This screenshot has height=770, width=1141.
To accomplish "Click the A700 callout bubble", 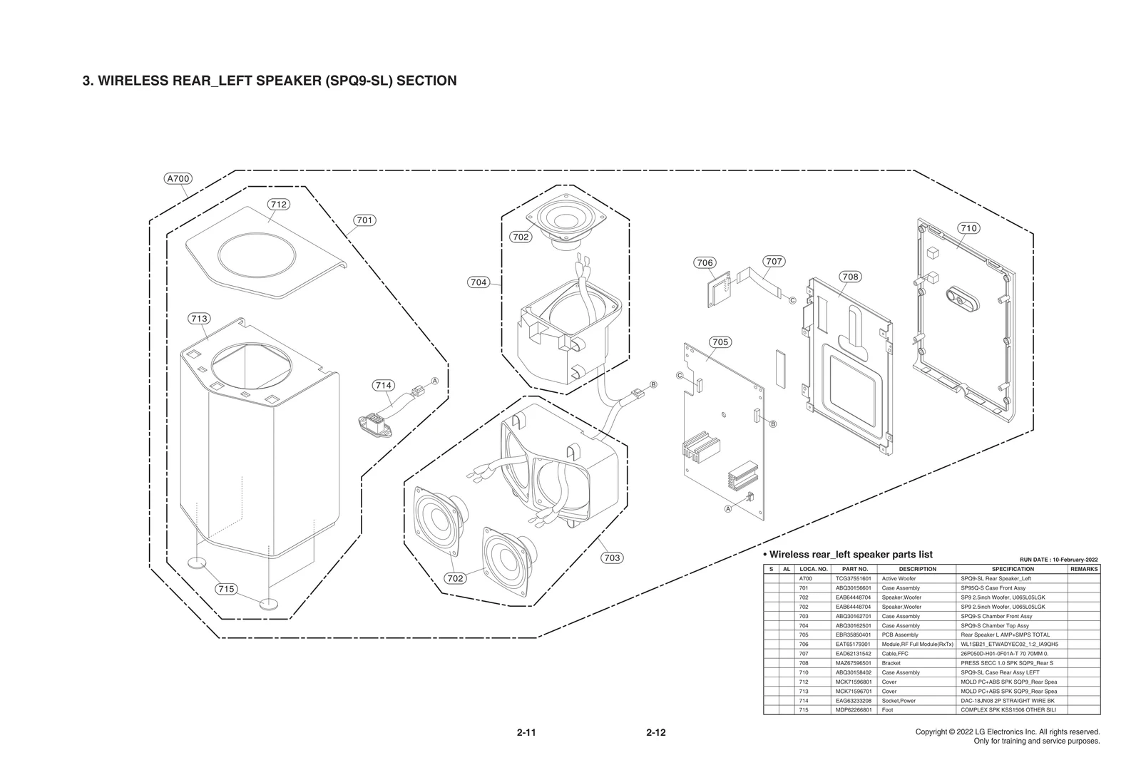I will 178,178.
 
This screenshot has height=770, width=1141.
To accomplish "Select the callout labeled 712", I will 278,205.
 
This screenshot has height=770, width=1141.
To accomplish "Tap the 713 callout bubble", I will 199,319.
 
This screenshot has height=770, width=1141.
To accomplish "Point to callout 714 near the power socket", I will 384,386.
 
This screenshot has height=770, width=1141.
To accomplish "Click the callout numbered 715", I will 226,589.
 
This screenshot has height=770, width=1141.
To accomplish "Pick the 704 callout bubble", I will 479,282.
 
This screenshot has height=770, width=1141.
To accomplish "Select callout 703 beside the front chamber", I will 612,558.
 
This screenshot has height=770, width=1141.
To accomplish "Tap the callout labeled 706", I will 705,262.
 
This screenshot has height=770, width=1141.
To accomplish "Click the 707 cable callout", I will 774,262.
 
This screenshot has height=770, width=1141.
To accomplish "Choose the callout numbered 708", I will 850,277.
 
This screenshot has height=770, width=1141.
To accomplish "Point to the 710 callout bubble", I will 968,228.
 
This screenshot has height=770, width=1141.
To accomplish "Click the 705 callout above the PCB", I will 720,342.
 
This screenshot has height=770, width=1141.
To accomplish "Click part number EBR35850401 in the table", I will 854,635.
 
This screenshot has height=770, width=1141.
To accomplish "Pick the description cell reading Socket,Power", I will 901,701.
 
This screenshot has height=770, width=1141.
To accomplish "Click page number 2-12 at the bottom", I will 656,732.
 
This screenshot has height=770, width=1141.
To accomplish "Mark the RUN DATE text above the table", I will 1058,560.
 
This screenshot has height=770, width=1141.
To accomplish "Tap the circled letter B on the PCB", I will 772,423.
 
